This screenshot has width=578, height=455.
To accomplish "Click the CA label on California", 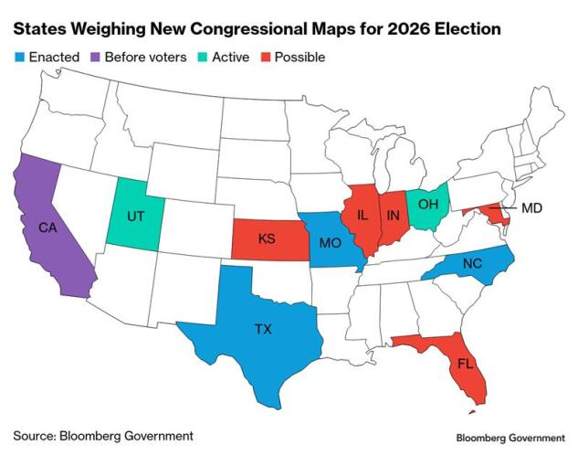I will click(x=47, y=227).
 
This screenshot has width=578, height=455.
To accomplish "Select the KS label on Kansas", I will click(x=267, y=238).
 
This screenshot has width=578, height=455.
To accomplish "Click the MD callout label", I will click(x=531, y=209).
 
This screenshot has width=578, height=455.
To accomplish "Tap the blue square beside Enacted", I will click(x=18, y=58).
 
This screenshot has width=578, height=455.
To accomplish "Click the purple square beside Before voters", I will click(x=96, y=58).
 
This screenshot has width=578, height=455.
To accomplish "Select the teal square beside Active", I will click(x=204, y=58).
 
